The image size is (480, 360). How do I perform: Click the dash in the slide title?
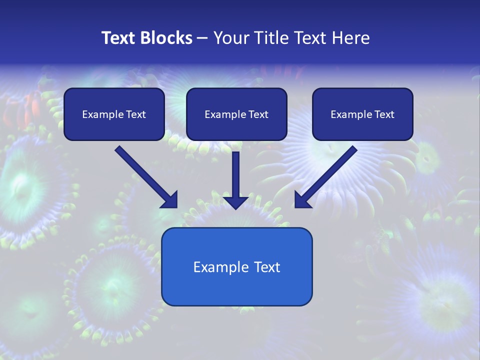tap(202, 38)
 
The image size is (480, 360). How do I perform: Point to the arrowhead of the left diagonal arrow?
tap(170, 200)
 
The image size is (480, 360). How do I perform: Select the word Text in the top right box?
tap(384, 114)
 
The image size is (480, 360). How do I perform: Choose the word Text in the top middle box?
tap(258, 114)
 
